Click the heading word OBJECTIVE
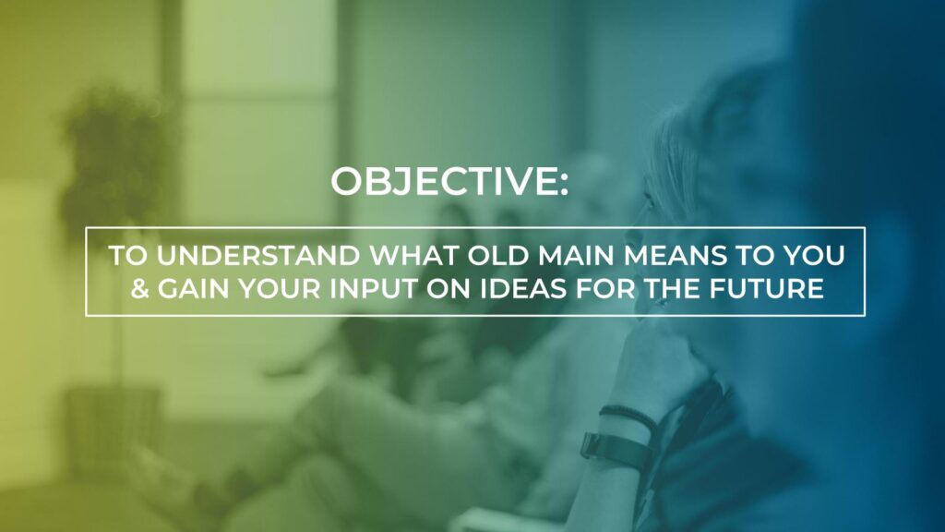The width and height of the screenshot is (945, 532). tap(444, 182)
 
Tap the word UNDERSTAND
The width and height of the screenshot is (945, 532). tap(258, 256)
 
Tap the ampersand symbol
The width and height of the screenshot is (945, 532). tap(140, 288)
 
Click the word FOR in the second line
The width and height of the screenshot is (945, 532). tap(605, 288)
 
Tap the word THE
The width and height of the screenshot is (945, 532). tap(672, 288)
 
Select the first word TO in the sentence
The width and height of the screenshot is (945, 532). tap(128, 256)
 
